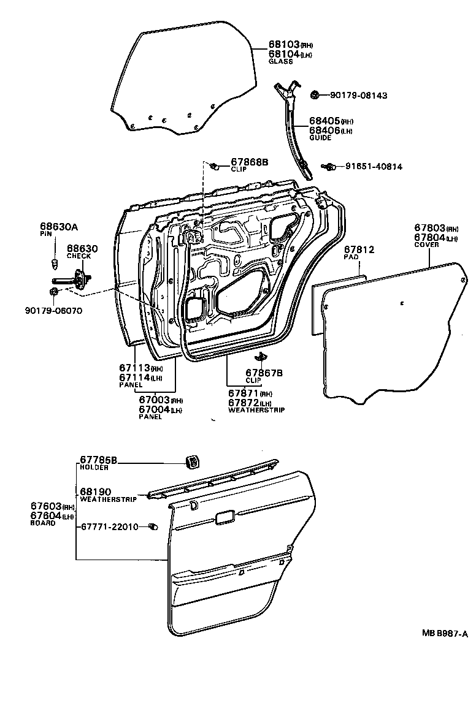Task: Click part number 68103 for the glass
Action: point(283,45)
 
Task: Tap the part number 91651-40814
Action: point(374,166)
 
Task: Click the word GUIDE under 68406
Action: point(320,138)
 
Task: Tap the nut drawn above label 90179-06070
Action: point(55,290)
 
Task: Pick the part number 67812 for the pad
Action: point(358,250)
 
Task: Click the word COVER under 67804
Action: point(426,245)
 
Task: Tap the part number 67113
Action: point(134,368)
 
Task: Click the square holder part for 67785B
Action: point(193,461)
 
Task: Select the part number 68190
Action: point(95,492)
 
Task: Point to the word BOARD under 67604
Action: point(43,523)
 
